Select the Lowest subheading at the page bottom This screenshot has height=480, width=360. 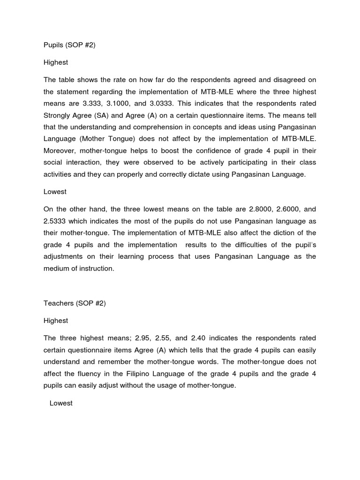pos(61,403)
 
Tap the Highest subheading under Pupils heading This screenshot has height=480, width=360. pos(56,62)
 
